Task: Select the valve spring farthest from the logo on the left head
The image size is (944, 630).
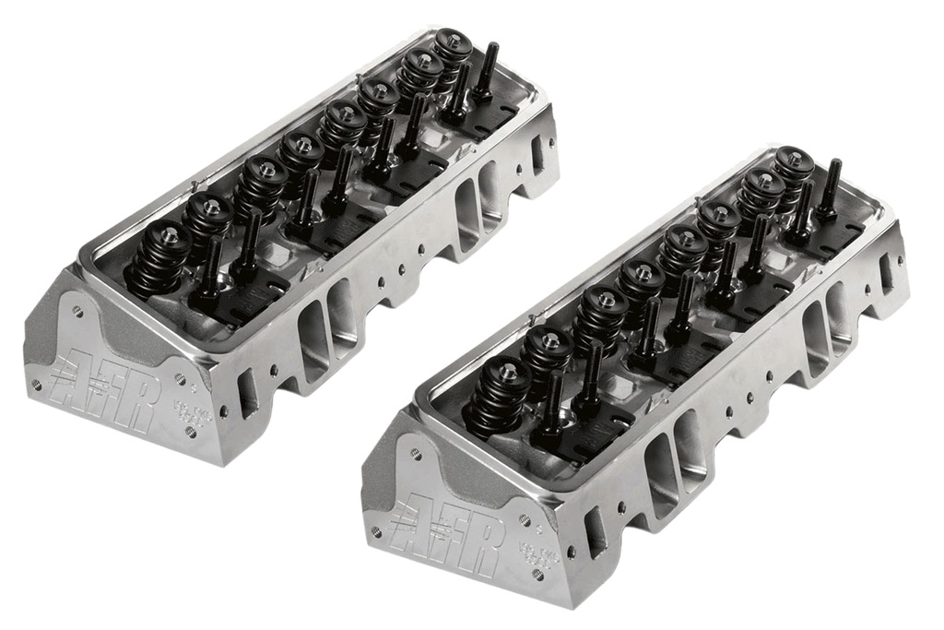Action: point(452,53)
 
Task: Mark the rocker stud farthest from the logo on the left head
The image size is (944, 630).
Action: point(486,70)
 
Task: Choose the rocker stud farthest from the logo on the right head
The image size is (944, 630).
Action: point(831,188)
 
